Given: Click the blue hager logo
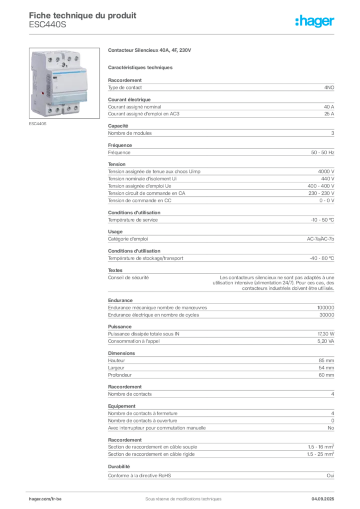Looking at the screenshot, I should tap(315, 22).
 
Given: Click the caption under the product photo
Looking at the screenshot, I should tap(38, 124).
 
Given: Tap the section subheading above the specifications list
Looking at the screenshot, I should tap(141, 67).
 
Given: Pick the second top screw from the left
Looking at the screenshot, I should tap(58, 59).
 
